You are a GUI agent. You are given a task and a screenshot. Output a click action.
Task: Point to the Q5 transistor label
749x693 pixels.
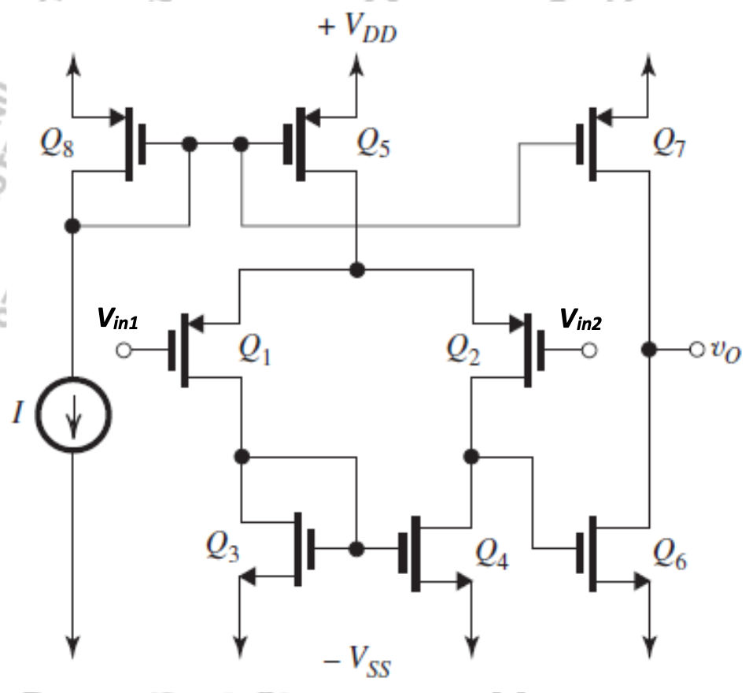click(x=375, y=143)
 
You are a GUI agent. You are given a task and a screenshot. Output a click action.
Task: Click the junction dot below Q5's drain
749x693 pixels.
click(x=357, y=270)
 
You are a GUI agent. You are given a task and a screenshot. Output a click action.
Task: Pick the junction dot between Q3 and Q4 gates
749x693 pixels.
click(x=357, y=548)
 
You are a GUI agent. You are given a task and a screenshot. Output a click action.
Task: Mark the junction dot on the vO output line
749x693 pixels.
click(x=648, y=349)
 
